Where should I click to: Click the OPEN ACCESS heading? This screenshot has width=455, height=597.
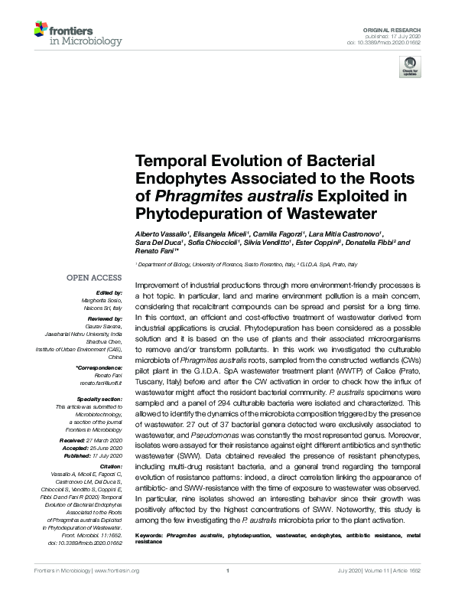click(x=95, y=278)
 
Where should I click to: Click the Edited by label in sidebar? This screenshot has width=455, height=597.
click(x=109, y=293)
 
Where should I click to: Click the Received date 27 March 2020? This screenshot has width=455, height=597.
click(x=103, y=442)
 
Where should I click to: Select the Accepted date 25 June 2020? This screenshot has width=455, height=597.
click(x=104, y=449)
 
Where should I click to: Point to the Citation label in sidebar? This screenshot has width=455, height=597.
click(x=110, y=466)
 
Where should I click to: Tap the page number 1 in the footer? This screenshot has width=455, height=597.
click(x=228, y=571)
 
